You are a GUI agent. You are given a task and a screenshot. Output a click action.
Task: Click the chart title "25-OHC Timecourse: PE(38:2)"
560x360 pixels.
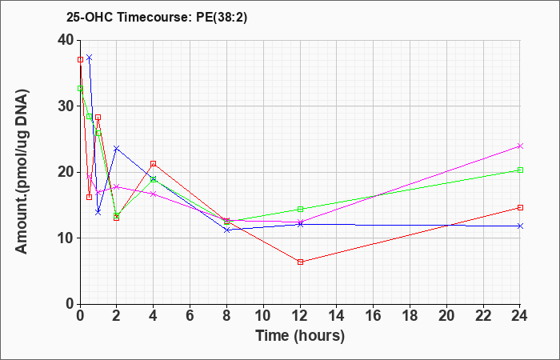(157, 18)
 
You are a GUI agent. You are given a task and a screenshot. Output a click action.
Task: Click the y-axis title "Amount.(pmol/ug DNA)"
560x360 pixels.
(22, 172)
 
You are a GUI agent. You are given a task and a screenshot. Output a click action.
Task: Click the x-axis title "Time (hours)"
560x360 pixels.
(300, 336)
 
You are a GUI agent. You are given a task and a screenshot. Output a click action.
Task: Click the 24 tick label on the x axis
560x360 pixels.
(520, 315)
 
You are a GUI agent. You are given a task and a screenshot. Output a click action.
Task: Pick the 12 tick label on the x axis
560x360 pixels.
(300, 315)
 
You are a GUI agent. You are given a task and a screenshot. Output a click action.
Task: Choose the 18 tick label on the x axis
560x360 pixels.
(410, 315)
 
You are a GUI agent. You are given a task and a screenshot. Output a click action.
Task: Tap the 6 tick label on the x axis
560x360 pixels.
(190, 315)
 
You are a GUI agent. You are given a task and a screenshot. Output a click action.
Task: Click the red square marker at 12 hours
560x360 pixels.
(300, 262)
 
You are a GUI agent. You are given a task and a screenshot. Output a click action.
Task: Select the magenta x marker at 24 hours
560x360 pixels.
(520, 146)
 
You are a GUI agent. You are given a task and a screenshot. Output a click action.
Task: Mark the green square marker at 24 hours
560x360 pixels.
(520, 170)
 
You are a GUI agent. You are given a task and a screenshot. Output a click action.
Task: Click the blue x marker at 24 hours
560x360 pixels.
(520, 226)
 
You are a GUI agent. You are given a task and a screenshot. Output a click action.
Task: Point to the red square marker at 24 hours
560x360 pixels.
(520, 207)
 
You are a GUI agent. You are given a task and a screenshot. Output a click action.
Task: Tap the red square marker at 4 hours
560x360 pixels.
(154, 163)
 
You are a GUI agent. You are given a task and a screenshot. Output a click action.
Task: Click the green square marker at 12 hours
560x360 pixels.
(300, 210)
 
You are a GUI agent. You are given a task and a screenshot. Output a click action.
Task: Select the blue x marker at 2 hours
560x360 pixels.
(117, 148)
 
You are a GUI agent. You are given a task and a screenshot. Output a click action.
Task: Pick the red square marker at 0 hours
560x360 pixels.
(80, 60)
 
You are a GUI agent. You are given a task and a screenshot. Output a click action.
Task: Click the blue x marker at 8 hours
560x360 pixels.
(226, 230)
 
